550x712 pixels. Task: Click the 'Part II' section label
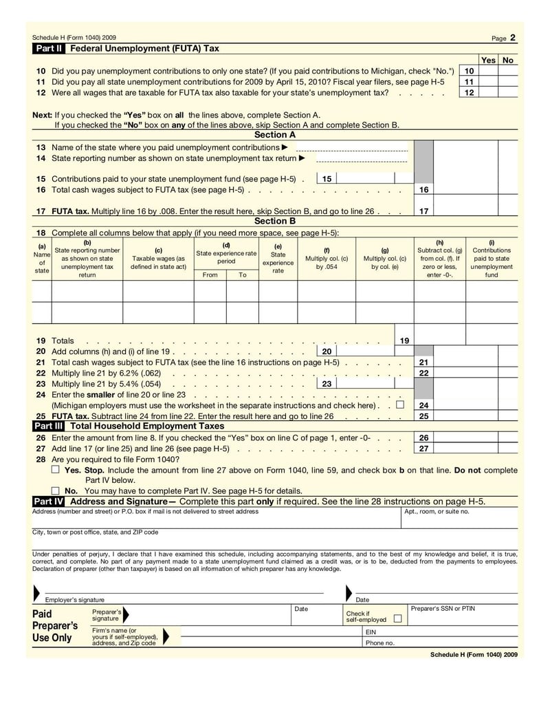(x=49, y=49)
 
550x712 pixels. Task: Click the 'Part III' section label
(x=50, y=427)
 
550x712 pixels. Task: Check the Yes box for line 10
(x=488, y=71)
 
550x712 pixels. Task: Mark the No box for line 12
(x=508, y=92)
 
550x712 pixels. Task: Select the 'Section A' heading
(x=275, y=135)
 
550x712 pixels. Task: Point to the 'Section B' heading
(x=275, y=221)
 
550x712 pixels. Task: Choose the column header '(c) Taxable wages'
(x=158, y=259)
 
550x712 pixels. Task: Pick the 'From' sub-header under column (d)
(x=210, y=274)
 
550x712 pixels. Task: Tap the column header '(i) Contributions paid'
(x=492, y=259)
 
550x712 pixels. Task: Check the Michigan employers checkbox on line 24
(x=400, y=405)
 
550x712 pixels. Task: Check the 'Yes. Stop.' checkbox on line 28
(x=56, y=470)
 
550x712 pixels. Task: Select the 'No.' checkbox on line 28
(x=56, y=491)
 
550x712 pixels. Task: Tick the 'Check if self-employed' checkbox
(x=397, y=619)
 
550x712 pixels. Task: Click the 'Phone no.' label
(x=379, y=643)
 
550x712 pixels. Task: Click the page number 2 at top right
(x=513, y=38)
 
